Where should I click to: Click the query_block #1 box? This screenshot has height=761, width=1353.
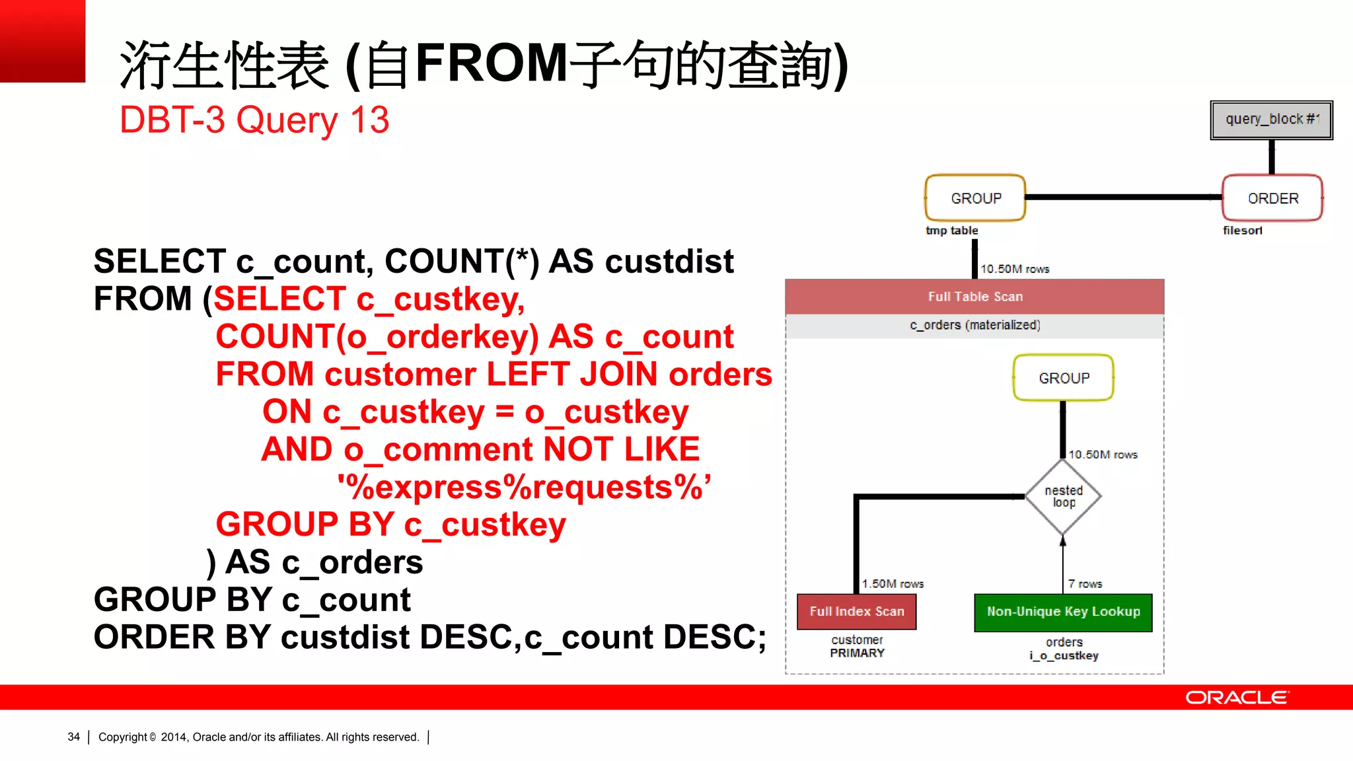click(1271, 120)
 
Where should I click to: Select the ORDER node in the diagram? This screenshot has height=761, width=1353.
click(1272, 198)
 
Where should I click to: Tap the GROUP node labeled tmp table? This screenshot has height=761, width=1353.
click(975, 198)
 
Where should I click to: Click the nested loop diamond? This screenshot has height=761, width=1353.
click(1063, 497)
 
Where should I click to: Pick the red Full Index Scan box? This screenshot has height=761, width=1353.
click(856, 612)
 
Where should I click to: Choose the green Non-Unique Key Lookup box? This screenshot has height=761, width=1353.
click(1063, 612)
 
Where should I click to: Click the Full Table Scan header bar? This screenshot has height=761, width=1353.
click(974, 297)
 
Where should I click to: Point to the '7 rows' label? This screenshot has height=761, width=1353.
click(1085, 584)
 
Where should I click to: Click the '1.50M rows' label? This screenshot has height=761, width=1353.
click(893, 584)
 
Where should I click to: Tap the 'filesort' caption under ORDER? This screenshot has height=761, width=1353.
click(1242, 231)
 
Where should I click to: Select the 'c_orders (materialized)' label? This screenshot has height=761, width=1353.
click(974, 325)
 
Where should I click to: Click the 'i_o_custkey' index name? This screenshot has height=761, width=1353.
click(1064, 656)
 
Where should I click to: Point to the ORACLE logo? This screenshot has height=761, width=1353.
click(1237, 698)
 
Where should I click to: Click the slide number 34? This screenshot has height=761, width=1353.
click(73, 737)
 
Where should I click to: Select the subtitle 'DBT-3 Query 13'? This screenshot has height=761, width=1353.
click(254, 120)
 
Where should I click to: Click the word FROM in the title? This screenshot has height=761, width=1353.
click(492, 63)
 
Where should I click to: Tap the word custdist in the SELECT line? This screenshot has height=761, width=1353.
click(669, 262)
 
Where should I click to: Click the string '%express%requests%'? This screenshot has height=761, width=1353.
click(524, 488)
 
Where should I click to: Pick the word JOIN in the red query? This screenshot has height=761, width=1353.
click(618, 375)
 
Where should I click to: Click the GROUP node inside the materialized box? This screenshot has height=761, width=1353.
click(1063, 378)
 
